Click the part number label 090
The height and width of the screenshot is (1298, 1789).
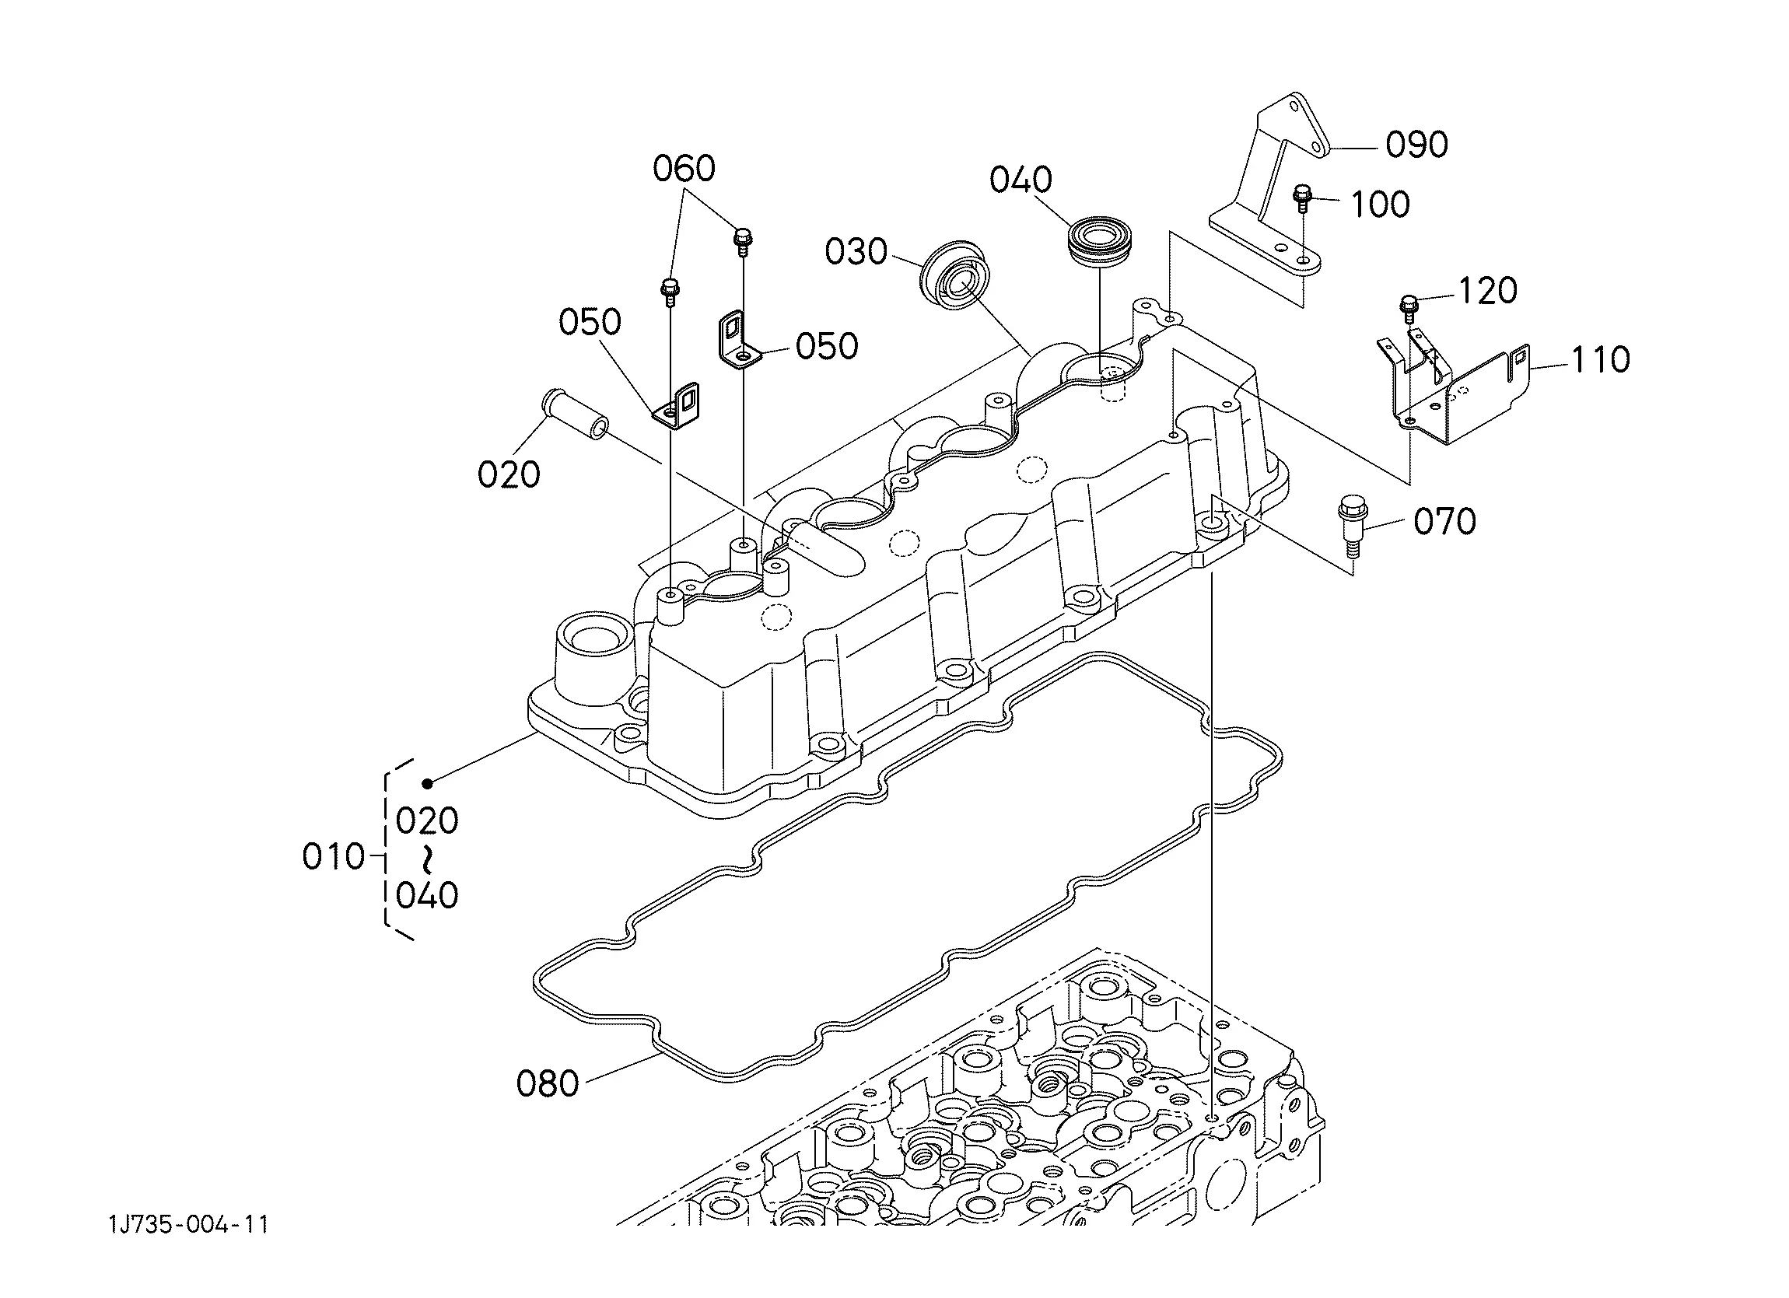1416,145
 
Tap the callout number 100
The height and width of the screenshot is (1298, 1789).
1381,205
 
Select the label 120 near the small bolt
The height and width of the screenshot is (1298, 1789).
1488,291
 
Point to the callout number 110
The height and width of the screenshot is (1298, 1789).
1601,359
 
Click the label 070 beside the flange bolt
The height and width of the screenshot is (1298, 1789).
1445,521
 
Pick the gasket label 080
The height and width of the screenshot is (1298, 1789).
548,1084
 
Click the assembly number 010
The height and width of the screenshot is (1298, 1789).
334,856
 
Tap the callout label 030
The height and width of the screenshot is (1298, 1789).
856,251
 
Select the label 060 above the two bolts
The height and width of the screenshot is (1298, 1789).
684,169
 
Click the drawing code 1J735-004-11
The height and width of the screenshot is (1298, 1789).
189,1225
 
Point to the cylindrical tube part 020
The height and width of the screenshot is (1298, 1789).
574,414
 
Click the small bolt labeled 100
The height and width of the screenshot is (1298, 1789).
1302,198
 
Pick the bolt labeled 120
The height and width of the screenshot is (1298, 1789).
1409,307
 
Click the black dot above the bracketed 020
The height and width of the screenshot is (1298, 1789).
427,783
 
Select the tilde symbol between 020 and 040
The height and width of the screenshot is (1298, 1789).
428,858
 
